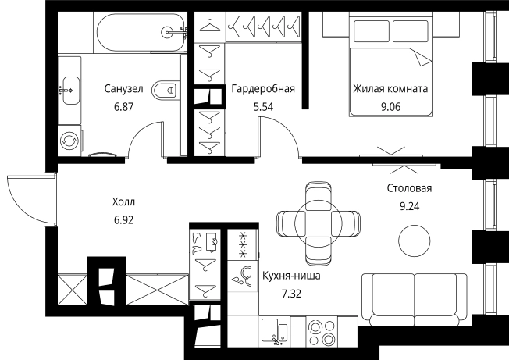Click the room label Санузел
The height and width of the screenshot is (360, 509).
click(123, 89)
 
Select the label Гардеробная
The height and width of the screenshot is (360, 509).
click(262, 89)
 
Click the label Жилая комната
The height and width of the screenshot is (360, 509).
click(390, 89)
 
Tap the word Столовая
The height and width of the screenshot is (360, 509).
click(409, 188)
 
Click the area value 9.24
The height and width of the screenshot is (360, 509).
click(409, 208)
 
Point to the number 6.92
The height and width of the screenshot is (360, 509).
click(123, 220)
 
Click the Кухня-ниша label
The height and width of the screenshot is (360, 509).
click(290, 276)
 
